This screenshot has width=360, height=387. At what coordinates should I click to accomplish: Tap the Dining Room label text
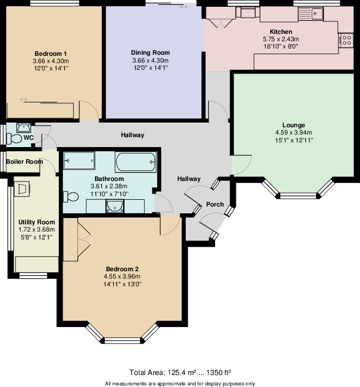tap(150, 53)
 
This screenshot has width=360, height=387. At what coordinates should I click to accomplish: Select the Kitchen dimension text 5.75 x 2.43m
tap(281, 39)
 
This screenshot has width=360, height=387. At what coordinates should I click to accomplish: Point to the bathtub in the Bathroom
tap(136, 162)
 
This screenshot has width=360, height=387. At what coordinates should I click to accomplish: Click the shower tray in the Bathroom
tap(79, 161)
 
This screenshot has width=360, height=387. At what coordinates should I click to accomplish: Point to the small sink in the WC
tap(23, 127)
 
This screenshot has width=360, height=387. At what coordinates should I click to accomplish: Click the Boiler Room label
tap(24, 162)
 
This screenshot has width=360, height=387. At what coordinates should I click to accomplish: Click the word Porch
tap(214, 204)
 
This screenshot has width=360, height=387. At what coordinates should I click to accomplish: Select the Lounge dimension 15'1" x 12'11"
tap(294, 140)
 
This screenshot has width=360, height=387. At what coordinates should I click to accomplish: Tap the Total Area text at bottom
tap(179, 372)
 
